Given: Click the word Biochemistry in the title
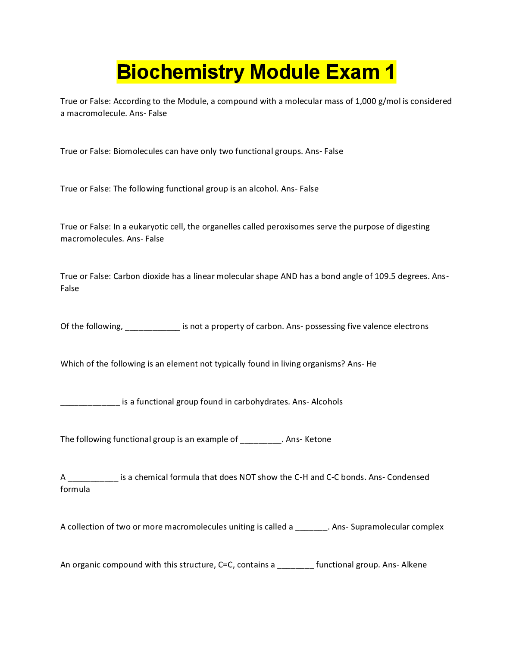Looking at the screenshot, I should pyautogui.click(x=180, y=72).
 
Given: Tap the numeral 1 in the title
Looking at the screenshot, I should pyautogui.click(x=390, y=72).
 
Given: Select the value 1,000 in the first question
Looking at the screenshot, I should pyautogui.click(x=366, y=101).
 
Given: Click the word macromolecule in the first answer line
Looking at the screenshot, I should pyautogui.click(x=97, y=113).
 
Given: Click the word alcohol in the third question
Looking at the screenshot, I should pyautogui.click(x=263, y=189).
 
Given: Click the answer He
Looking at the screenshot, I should pyautogui.click(x=372, y=364).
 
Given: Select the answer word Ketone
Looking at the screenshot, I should pyautogui.click(x=318, y=439).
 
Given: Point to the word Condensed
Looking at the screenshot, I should pyautogui.click(x=408, y=477).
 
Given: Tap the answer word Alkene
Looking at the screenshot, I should pyautogui.click(x=414, y=565).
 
